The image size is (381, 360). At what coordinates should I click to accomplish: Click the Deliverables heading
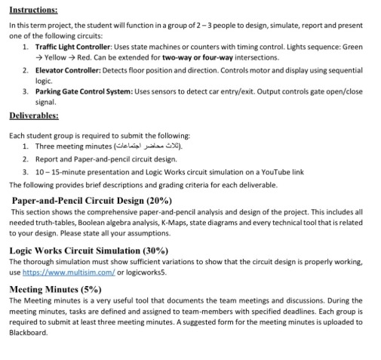coord(34,118)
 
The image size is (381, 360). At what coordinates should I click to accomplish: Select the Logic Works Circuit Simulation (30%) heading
coord(88,249)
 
